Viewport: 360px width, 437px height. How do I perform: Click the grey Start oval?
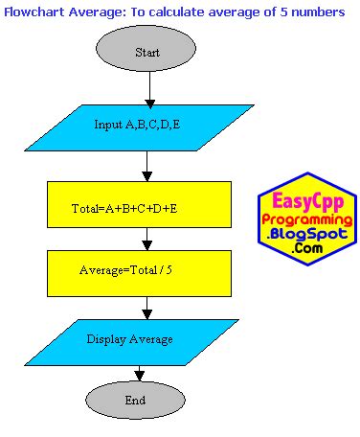click(x=147, y=51)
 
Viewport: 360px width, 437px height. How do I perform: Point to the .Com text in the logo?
click(x=308, y=248)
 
